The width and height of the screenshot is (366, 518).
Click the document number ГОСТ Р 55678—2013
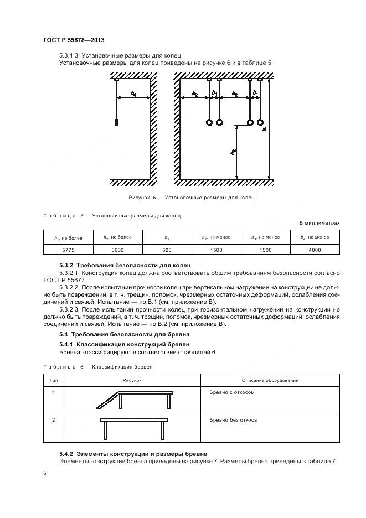click(x=74, y=40)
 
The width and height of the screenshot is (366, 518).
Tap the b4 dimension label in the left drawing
click(x=133, y=94)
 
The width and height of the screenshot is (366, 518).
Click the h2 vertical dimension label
click(x=234, y=151)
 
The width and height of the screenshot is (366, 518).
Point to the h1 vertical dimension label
click(x=265, y=131)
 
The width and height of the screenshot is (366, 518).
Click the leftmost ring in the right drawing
click(x=210, y=122)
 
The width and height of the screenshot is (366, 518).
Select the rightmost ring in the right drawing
click(x=260, y=122)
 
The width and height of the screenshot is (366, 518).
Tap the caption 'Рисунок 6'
click(x=191, y=197)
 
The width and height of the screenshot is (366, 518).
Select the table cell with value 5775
click(x=68, y=250)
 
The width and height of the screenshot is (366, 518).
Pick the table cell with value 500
click(x=167, y=250)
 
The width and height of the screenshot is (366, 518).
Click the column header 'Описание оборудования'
click(x=270, y=380)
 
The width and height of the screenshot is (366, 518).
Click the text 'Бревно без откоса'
click(x=233, y=420)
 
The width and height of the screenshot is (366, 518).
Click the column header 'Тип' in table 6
click(x=54, y=380)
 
